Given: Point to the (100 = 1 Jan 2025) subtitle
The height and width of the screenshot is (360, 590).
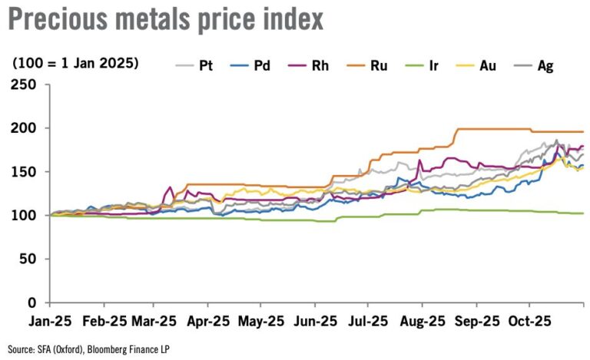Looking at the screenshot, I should click(75, 63).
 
